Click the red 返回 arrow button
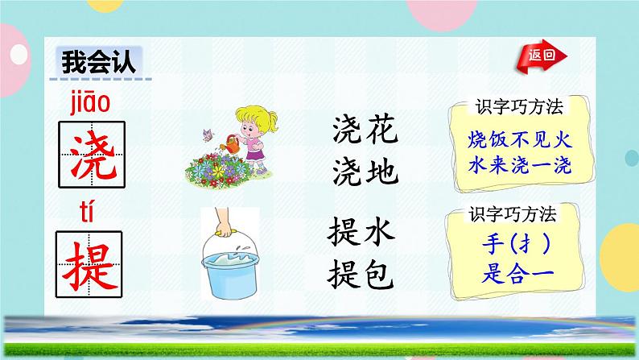pyautogui.click(x=547, y=56)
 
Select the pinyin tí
pyautogui.click(x=89, y=211)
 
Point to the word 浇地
pyautogui.click(x=365, y=170)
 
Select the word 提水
pyautogui.click(x=361, y=234)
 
